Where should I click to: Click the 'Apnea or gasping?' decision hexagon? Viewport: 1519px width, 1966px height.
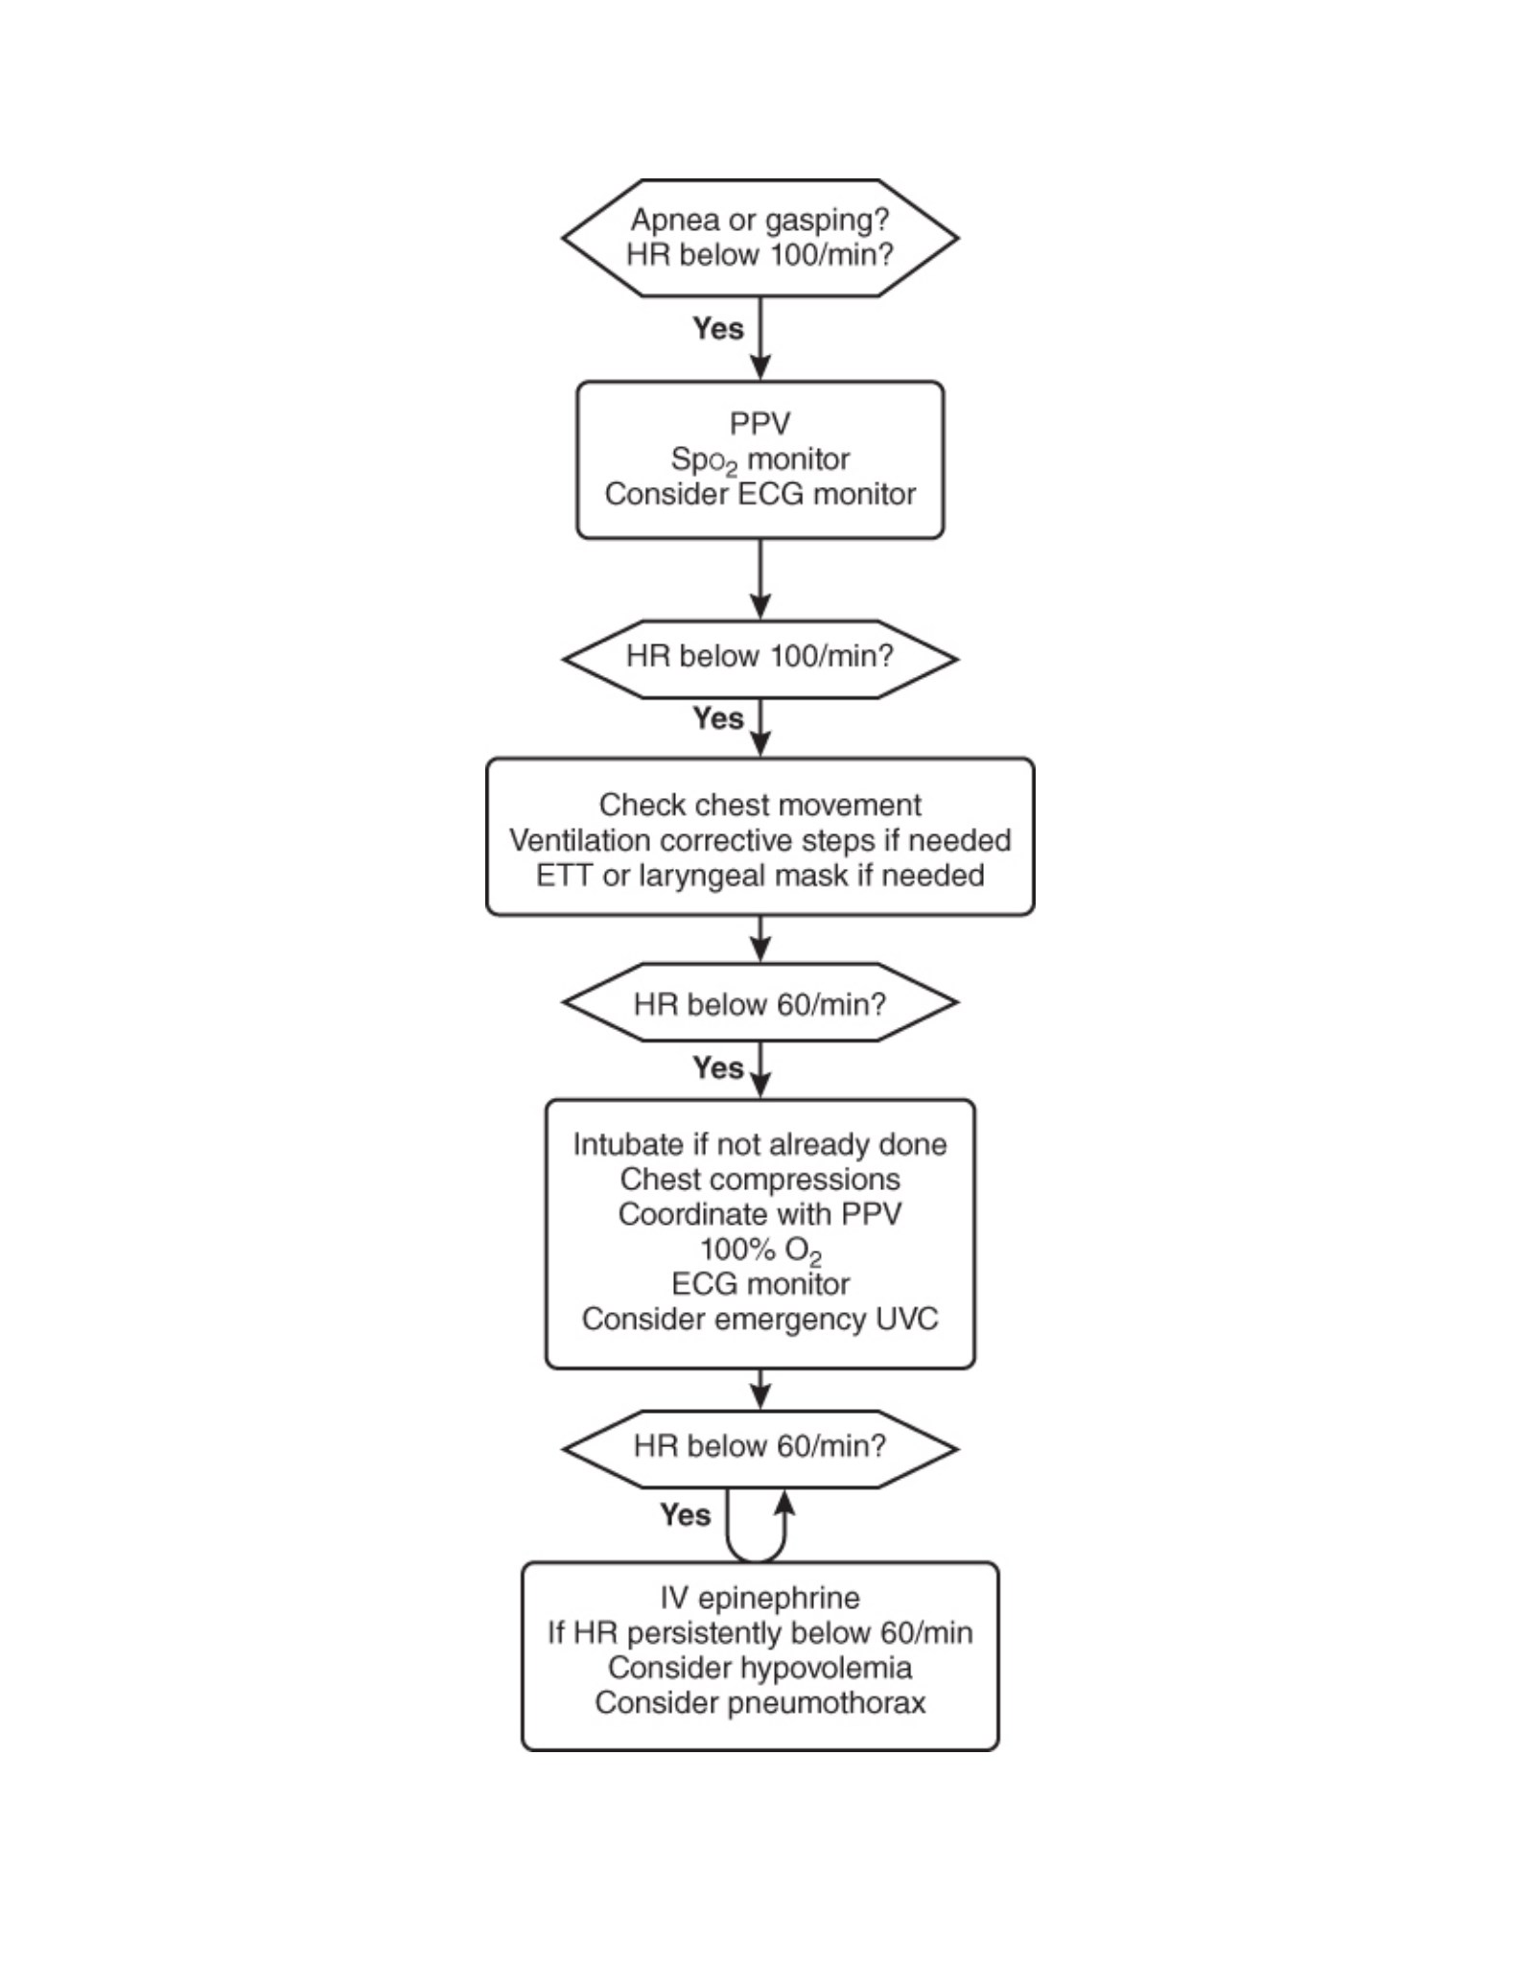tap(759, 237)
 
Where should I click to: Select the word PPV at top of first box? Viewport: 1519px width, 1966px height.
tap(759, 423)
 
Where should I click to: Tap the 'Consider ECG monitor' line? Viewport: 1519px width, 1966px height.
tap(759, 494)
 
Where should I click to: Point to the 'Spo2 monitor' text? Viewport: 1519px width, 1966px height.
tap(759, 460)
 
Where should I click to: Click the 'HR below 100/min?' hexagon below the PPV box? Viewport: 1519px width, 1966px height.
tap(759, 658)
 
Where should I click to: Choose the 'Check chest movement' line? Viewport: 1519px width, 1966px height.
tap(759, 805)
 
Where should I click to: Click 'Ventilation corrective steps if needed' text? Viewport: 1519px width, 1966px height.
tap(759, 840)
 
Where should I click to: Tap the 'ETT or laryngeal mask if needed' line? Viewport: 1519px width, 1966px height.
tap(759, 876)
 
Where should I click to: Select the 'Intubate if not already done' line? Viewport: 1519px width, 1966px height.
tap(759, 1144)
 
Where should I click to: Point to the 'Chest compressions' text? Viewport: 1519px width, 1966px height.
tap(759, 1179)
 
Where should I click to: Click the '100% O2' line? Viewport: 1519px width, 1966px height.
tap(759, 1251)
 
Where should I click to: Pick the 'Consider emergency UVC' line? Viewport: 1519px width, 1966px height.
tap(759, 1319)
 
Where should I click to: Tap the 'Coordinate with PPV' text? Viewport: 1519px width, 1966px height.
tap(759, 1214)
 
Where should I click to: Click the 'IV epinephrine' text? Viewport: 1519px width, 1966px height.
tap(759, 1598)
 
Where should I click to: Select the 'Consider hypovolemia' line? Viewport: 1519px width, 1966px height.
tap(759, 1668)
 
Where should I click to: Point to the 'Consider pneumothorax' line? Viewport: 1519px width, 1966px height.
tap(759, 1703)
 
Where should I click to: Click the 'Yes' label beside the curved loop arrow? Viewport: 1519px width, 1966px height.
tap(685, 1515)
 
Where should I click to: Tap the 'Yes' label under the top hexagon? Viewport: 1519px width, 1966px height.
tap(717, 328)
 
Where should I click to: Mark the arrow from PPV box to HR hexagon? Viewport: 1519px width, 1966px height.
tap(759, 578)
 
